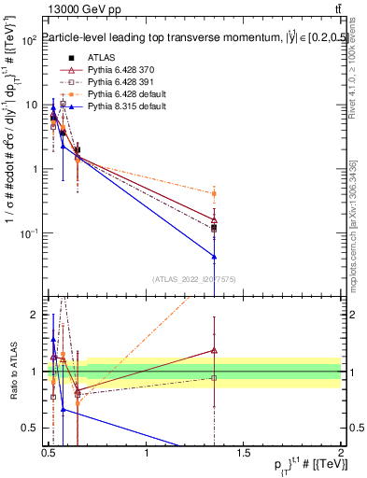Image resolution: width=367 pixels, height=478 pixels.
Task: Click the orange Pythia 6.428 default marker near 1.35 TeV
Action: coord(215,193)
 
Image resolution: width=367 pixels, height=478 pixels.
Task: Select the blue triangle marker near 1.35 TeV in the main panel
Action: coord(215,256)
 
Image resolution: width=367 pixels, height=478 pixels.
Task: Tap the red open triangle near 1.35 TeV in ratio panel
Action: coord(215,350)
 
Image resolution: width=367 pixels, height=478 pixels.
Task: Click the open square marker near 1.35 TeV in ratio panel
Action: coord(215,378)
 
